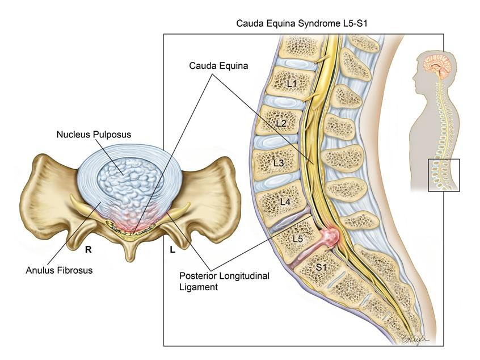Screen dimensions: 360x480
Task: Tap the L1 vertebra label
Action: coord(292,83)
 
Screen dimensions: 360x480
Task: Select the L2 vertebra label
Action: coord(281,123)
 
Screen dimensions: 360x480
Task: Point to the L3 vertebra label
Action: coord(278,163)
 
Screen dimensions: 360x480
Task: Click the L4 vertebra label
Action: coord(284,202)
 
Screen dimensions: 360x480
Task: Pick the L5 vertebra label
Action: coord(297,239)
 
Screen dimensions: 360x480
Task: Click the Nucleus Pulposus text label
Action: coord(94,135)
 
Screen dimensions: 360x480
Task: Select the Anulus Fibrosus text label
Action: coord(59,270)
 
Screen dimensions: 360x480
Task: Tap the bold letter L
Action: coord(172,249)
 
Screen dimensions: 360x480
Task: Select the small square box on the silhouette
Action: coord(443,175)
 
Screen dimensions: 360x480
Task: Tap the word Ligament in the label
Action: coord(196,287)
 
